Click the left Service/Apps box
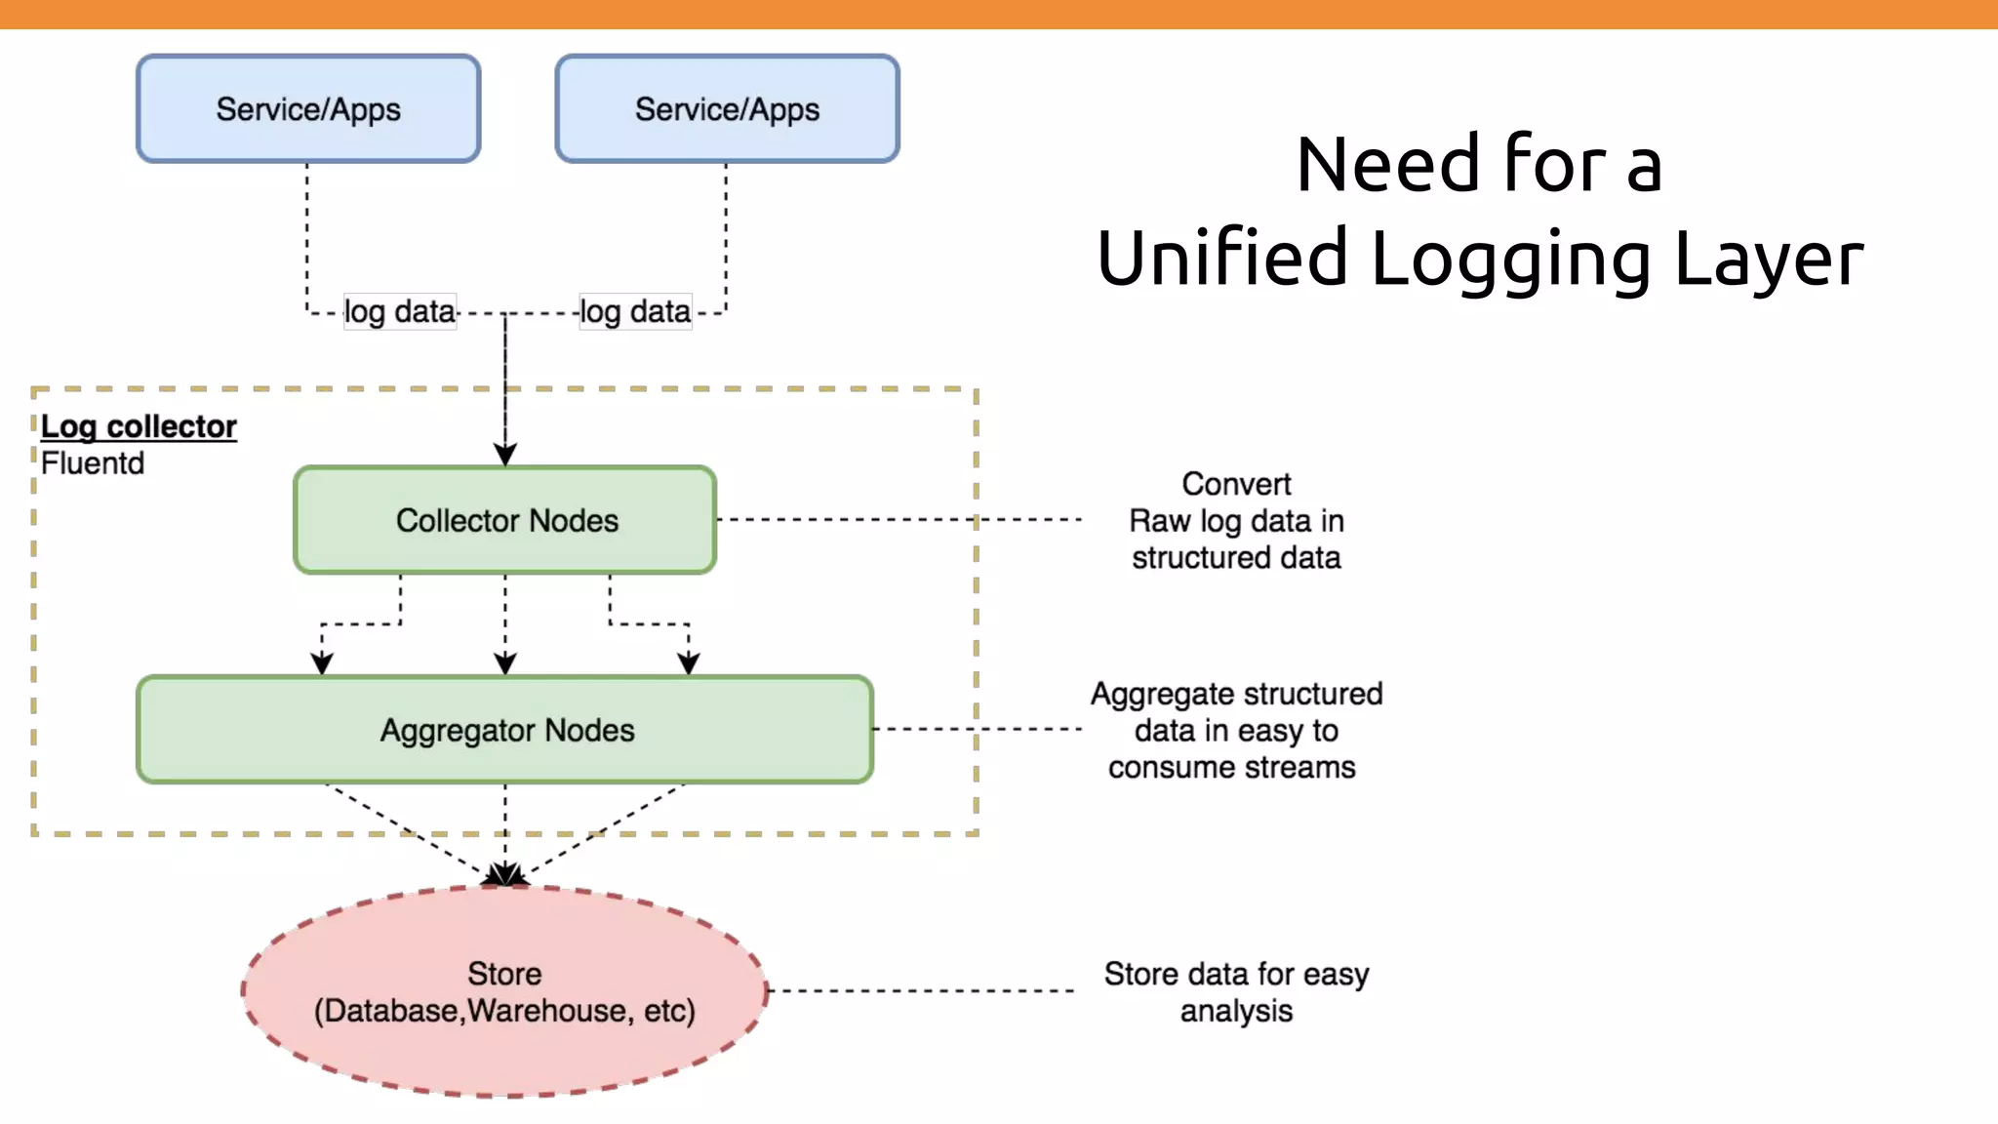pos(308,108)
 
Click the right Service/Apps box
pos(727,108)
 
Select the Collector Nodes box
pos(505,520)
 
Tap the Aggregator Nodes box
pos(505,730)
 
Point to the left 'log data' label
pos(400,311)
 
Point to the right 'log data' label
pos(635,311)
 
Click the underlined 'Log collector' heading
pos(139,426)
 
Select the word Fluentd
pos(93,463)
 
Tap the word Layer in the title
pos(1769,258)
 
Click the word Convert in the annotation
pos(1236,484)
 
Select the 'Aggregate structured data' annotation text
pos(1235,730)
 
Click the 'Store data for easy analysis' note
pos(1236,991)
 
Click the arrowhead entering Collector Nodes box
pos(505,455)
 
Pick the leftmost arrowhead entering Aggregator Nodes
pos(322,663)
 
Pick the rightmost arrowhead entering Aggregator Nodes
pos(689,663)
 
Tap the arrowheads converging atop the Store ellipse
pos(505,874)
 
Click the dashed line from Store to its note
pos(921,990)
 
